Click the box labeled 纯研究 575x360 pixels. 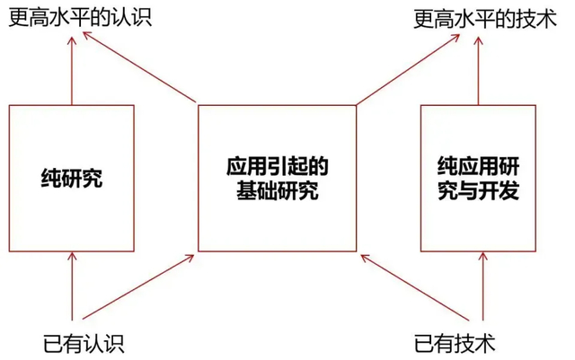(72, 179)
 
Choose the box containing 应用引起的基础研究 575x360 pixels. (275, 179)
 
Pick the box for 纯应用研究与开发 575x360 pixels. (478, 179)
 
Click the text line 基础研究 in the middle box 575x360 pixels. (275, 191)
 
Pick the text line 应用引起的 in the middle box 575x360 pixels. (275, 166)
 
